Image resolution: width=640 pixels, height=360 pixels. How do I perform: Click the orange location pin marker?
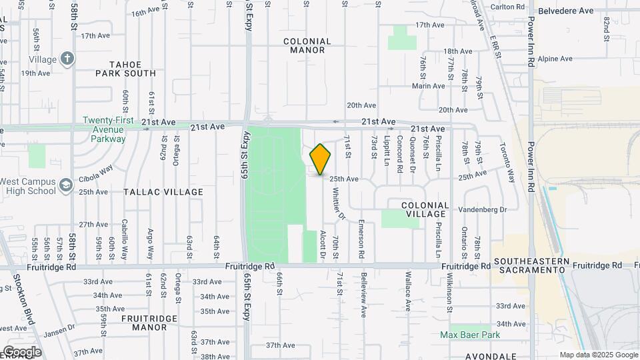coord(321,159)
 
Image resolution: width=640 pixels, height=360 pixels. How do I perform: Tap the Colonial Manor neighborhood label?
coord(308,45)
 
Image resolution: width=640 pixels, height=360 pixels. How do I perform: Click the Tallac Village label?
coord(163,192)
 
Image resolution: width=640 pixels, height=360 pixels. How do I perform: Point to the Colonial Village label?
coord(424,209)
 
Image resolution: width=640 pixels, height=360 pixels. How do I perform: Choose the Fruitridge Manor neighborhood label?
coord(145,323)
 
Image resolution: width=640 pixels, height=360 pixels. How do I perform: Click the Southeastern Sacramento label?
coord(531,265)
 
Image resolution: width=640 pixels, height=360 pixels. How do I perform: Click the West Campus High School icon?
coord(65,185)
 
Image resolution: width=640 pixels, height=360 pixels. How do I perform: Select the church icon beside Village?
coord(67,59)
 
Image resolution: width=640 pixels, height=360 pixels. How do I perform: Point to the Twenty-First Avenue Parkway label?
coord(104,129)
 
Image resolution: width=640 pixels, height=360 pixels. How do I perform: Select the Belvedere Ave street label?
coord(565,11)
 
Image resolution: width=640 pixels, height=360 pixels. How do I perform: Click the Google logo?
coord(21,352)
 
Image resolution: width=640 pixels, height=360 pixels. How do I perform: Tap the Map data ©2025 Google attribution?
coord(599,355)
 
